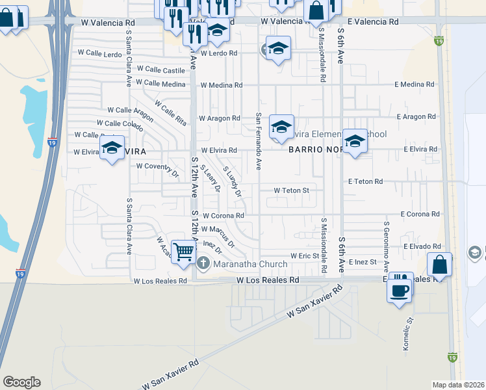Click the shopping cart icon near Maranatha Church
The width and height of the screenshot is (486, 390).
pyautogui.click(x=184, y=250)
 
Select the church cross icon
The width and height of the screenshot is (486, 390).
pyautogui.click(x=203, y=263)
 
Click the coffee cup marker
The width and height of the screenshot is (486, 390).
pyautogui.click(x=399, y=289)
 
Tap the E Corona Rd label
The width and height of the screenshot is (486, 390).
pyautogui.click(x=420, y=214)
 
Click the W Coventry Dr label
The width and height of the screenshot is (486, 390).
pyautogui.click(x=157, y=166)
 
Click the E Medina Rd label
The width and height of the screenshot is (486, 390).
pyautogui.click(x=414, y=84)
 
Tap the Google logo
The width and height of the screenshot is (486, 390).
pyautogui.click(x=21, y=382)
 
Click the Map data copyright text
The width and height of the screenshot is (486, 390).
pyautogui.click(x=459, y=385)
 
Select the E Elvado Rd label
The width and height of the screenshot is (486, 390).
pyautogui.click(x=422, y=247)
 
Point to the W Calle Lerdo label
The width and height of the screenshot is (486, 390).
pyautogui.click(x=100, y=52)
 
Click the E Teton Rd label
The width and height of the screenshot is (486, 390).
pyautogui.click(x=365, y=182)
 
